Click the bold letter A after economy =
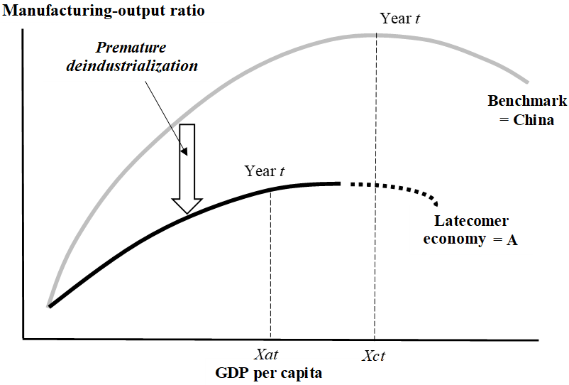click(512, 239)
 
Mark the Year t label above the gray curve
click(400, 18)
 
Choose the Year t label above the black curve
click(265, 171)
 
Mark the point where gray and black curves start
click(49, 305)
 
